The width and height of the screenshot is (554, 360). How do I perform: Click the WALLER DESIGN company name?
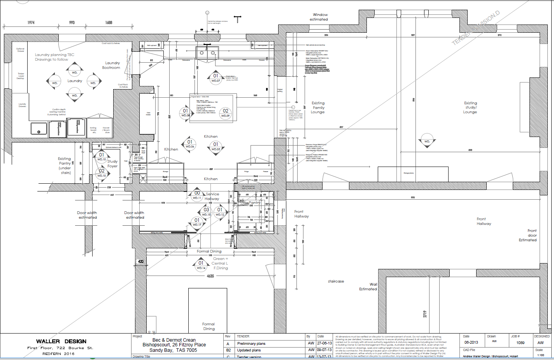pyautogui.click(x=61, y=341)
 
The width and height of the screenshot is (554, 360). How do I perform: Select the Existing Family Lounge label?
pyautogui.click(x=318, y=107)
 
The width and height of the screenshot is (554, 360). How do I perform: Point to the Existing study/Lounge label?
pyautogui.click(x=470, y=107)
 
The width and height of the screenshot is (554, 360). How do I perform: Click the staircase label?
pyautogui.click(x=336, y=281)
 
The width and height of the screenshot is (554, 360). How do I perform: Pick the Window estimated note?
pyautogui.click(x=319, y=17)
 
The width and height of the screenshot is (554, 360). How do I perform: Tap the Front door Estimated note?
pyautogui.click(x=528, y=235)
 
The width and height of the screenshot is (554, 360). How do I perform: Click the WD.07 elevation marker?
pyautogui.click(x=216, y=78)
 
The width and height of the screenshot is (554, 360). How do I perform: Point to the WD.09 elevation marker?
pyautogui.click(x=225, y=113)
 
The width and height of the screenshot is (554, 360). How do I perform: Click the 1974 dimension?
pyautogui.click(x=31, y=23)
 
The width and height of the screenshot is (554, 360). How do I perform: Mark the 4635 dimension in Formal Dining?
pyautogui.click(x=210, y=276)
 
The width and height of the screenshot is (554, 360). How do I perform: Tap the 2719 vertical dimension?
pyautogui.click(x=425, y=314)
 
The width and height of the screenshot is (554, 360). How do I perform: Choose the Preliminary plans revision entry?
pyautogui.click(x=251, y=344)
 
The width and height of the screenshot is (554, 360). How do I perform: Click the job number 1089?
pyautogui.click(x=520, y=343)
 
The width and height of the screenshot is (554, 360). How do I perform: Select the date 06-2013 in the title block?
pyautogui.click(x=471, y=342)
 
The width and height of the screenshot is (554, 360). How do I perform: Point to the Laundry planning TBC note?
pyautogui.click(x=54, y=57)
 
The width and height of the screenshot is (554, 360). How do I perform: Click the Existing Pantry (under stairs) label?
pyautogui.click(x=65, y=165)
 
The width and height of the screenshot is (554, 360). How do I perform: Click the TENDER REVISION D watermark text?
pyautogui.click(x=476, y=28)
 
